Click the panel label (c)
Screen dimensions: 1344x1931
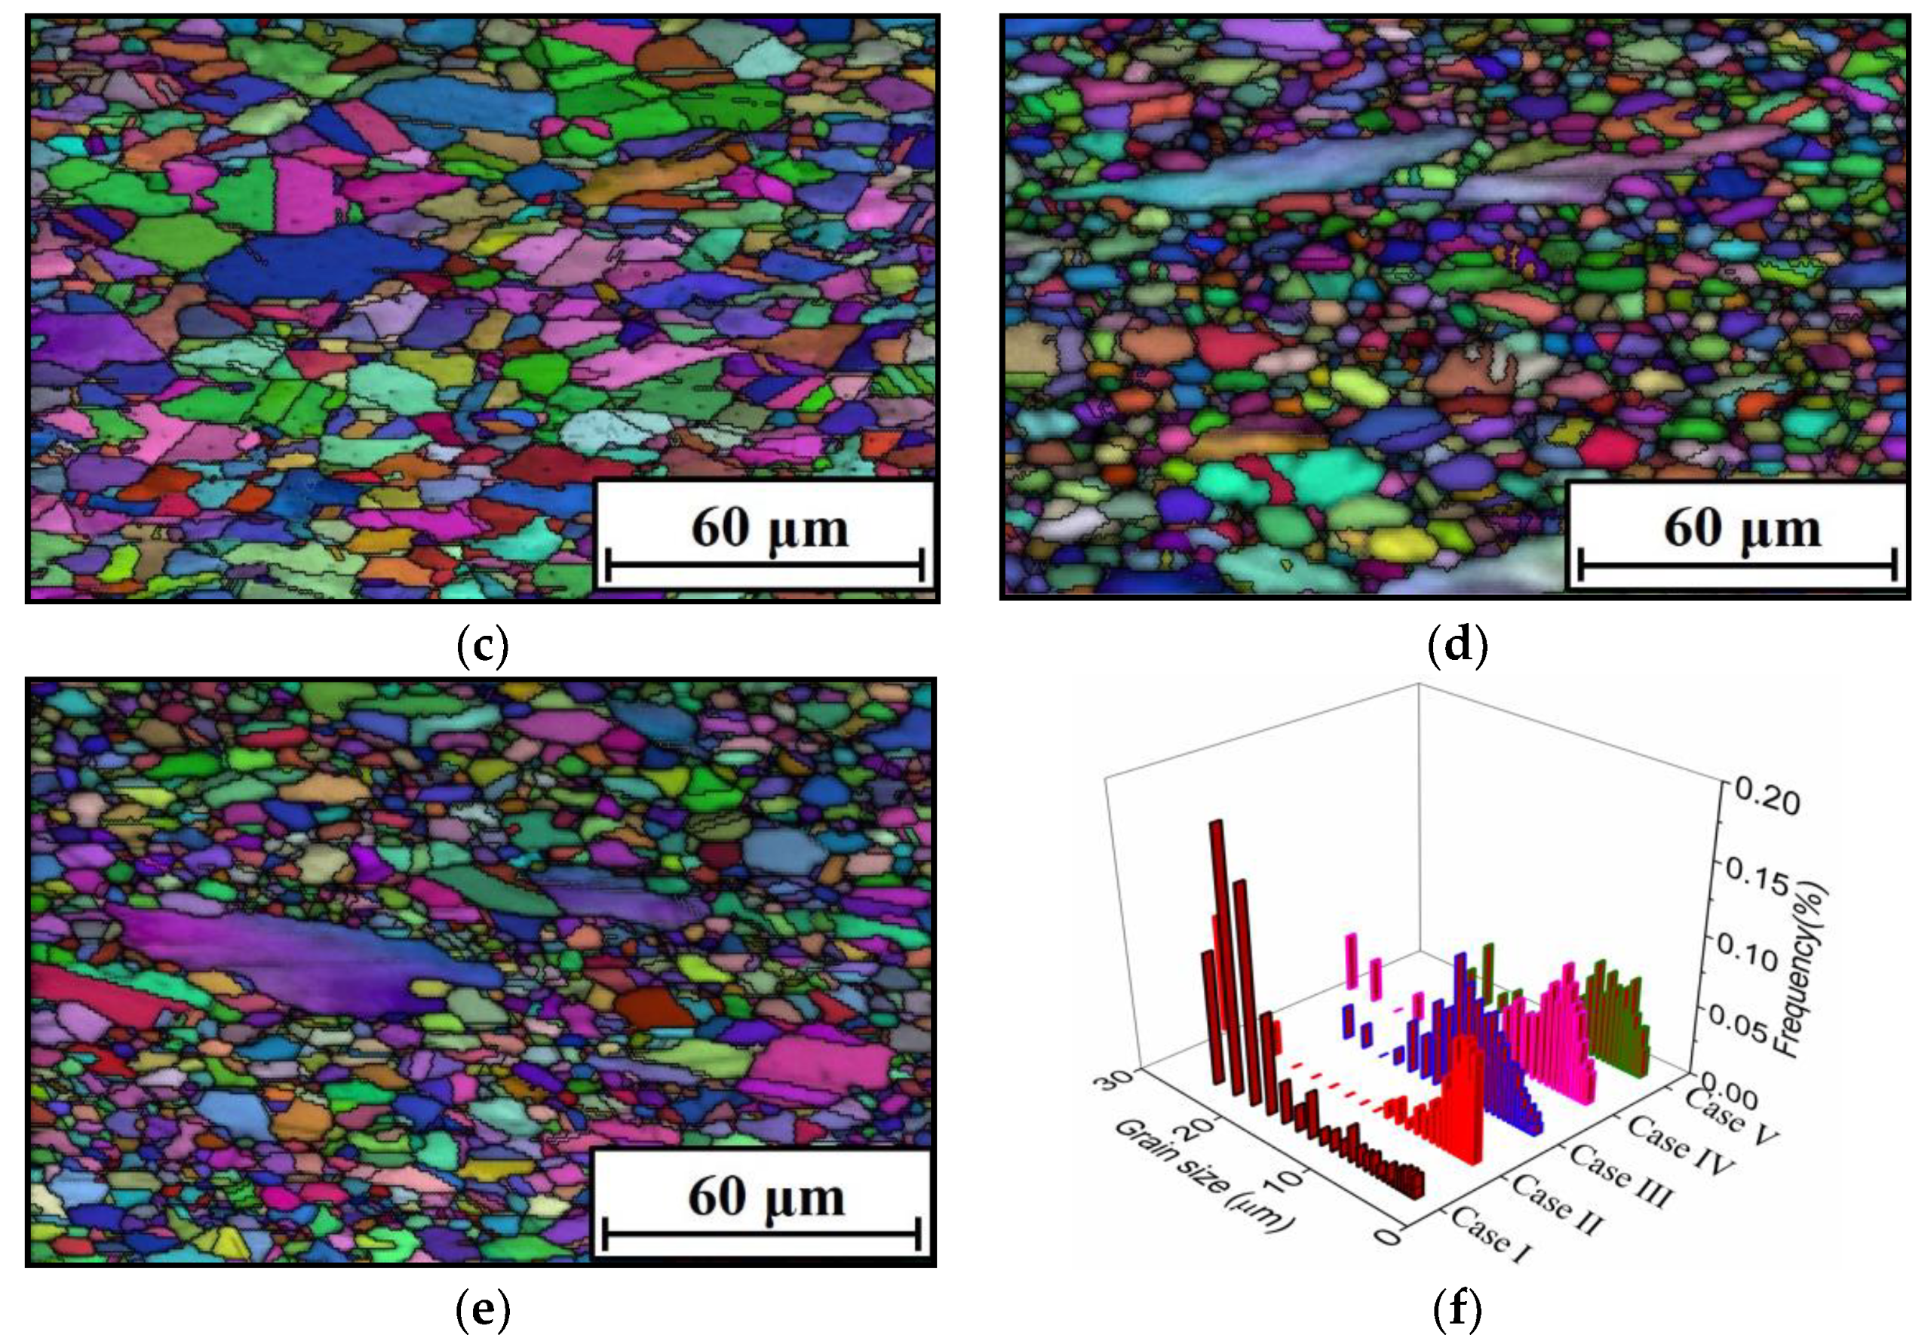(x=483, y=645)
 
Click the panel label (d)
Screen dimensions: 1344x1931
(x=1457, y=645)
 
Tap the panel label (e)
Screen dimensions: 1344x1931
(x=482, y=1309)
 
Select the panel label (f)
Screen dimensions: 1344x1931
(x=1457, y=1309)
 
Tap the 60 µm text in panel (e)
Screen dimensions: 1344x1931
(x=766, y=1196)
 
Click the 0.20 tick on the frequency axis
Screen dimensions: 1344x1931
(x=1763, y=802)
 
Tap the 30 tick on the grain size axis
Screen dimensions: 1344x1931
(x=1119, y=1081)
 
